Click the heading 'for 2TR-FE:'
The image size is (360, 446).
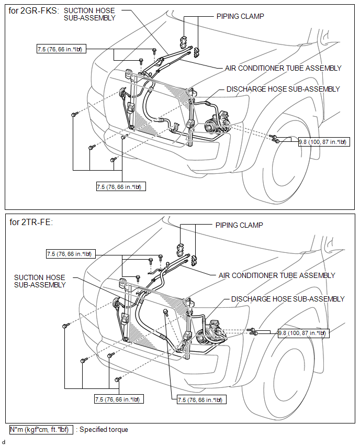tap(31, 222)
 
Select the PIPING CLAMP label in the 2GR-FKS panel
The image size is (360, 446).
tap(240, 16)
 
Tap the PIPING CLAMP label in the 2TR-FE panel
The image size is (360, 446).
tap(239, 225)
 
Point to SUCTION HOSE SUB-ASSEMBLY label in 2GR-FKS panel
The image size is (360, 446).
tap(89, 14)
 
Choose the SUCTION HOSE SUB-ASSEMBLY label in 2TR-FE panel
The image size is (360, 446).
tap(40, 281)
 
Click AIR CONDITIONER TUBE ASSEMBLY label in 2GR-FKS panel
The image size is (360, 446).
tap(283, 68)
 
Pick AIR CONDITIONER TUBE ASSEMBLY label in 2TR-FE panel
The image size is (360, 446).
tap(277, 275)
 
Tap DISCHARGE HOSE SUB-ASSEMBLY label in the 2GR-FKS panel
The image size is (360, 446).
tap(283, 89)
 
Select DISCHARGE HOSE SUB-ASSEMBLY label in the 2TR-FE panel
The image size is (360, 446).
tap(288, 299)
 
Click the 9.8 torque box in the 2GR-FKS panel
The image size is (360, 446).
tap(322, 141)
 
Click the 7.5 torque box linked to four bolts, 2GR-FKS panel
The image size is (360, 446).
tap(121, 186)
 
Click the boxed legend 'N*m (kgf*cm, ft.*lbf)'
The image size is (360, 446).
tap(40, 430)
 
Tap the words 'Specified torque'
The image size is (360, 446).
tap(104, 430)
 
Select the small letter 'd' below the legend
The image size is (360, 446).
tap(4, 441)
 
